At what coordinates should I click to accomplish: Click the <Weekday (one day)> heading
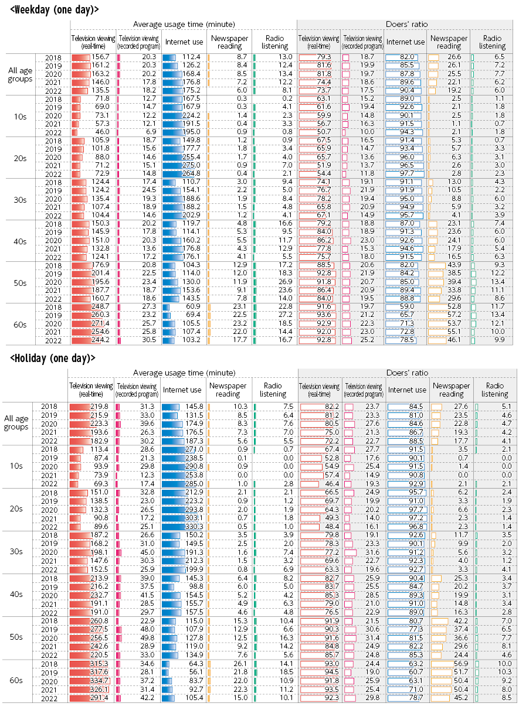pyautogui.click(x=55, y=9)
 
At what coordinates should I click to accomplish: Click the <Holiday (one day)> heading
pyautogui.click(x=52, y=358)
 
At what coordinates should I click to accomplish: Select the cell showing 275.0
pyautogui.click(x=191, y=165)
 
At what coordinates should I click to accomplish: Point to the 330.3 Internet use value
pyautogui.click(x=194, y=527)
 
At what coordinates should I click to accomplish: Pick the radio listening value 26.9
pyautogui.click(x=286, y=282)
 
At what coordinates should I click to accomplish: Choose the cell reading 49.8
pyautogui.click(x=147, y=638)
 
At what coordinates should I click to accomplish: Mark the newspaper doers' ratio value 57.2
pyautogui.click(x=454, y=315)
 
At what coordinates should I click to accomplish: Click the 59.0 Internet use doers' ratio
pyautogui.click(x=407, y=306)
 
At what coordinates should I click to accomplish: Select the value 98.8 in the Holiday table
pyautogui.click(x=196, y=586)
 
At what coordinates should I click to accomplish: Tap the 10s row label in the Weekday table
pyautogui.click(x=20, y=117)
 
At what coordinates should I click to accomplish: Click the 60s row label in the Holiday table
pyautogui.click(x=16, y=680)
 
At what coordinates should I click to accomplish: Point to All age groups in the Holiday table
pyautogui.click(x=16, y=422)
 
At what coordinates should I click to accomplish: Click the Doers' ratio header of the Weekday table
pyautogui.click(x=407, y=24)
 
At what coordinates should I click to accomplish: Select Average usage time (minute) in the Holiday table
pyautogui.click(x=184, y=373)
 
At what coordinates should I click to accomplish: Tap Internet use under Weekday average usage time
pyautogui.click(x=184, y=42)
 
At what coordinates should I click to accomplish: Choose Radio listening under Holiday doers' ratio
pyautogui.click(x=495, y=390)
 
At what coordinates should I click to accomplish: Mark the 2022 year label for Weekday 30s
pyautogui.click(x=53, y=216)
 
